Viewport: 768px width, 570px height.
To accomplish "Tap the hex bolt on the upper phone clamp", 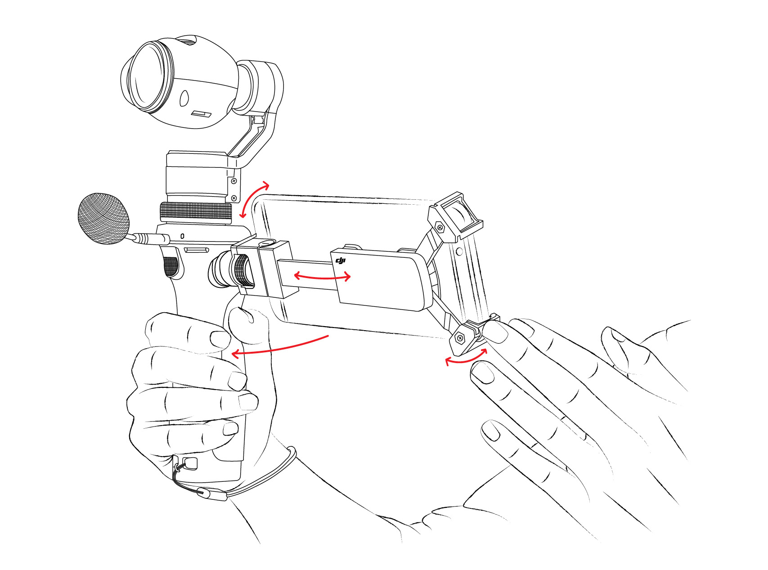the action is tap(440, 228).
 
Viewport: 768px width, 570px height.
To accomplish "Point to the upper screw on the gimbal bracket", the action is tap(234, 181).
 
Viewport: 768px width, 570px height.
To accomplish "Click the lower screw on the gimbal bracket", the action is tap(234, 198).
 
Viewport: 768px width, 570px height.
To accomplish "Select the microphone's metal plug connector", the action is tap(149, 238).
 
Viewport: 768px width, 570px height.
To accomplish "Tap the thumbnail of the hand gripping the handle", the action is tap(243, 315).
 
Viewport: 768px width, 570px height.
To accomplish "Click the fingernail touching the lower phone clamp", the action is tap(496, 333).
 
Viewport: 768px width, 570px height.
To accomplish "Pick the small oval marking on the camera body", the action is tap(184, 98).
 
